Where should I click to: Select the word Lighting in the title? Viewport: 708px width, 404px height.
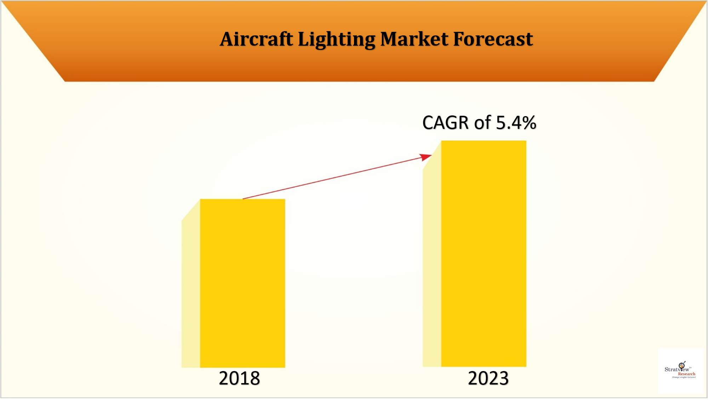[x=336, y=40]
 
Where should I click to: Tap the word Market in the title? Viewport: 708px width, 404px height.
[x=414, y=39]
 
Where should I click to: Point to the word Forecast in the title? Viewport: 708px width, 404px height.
[x=493, y=39]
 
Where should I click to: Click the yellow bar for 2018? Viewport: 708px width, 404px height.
[x=242, y=283]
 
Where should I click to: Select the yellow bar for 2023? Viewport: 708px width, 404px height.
[x=484, y=254]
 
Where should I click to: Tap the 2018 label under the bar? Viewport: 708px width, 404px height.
[x=239, y=378]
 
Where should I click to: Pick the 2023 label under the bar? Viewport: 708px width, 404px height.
[x=488, y=378]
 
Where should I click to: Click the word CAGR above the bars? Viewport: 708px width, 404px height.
[x=446, y=123]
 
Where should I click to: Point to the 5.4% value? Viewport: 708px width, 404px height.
[x=516, y=123]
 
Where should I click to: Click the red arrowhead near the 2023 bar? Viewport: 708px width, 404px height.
[x=426, y=157]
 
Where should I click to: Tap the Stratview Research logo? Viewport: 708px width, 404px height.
[x=680, y=370]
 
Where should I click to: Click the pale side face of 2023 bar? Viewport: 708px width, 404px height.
[x=432, y=262]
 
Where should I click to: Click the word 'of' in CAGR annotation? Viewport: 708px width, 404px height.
[x=483, y=123]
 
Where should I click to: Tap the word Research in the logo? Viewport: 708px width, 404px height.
[x=686, y=374]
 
